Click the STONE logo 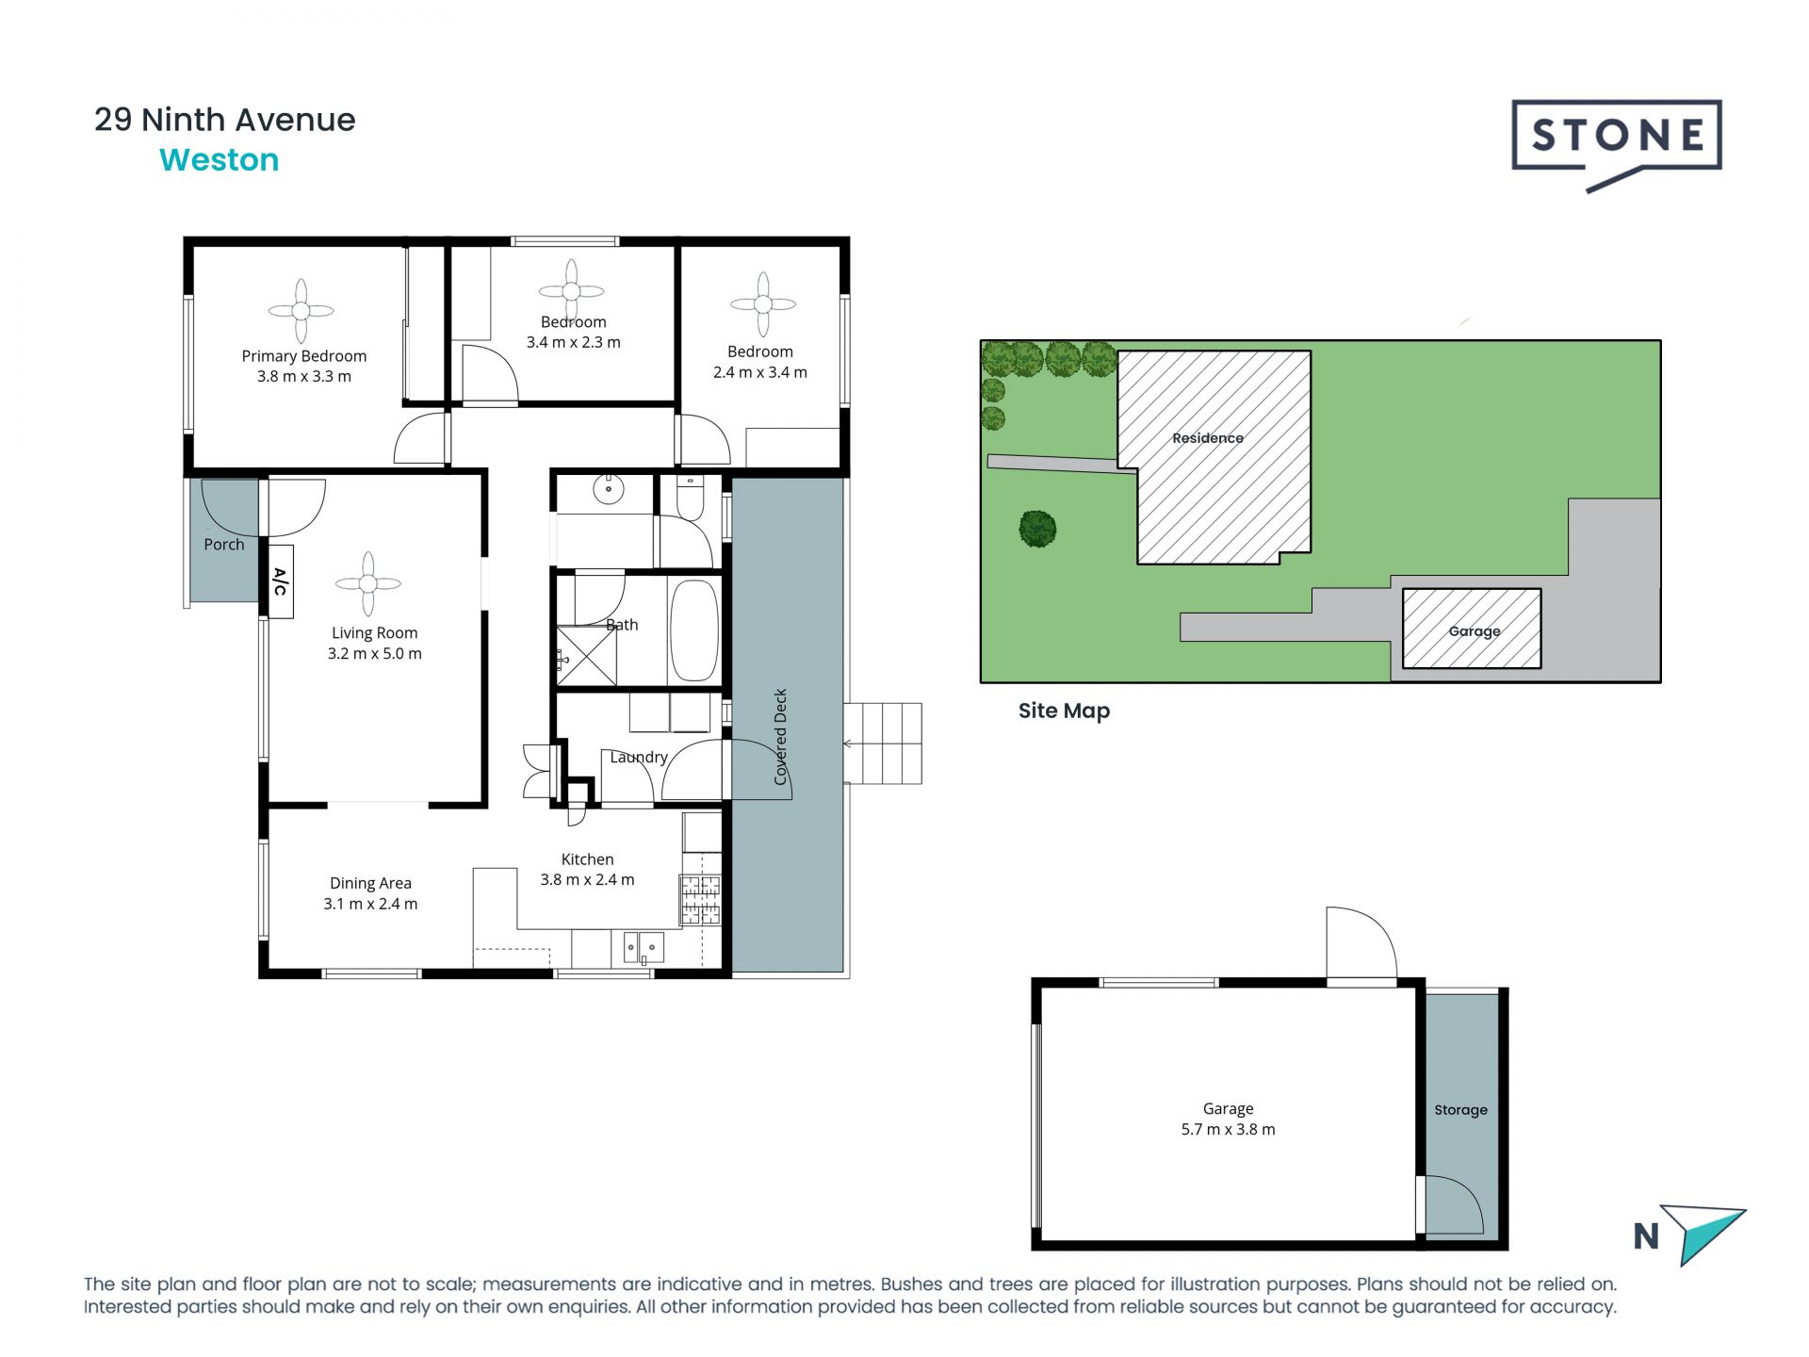click(1617, 143)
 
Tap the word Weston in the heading click(220, 160)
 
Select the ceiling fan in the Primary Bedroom click(301, 310)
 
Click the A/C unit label click(280, 581)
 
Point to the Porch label click(224, 545)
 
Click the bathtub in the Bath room click(693, 629)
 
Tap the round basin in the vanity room click(609, 488)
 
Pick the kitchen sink click(644, 946)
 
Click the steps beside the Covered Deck click(883, 744)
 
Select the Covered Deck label click(780, 737)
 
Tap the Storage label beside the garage click(1460, 1110)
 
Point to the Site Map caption click(1064, 711)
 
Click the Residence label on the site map click(1208, 438)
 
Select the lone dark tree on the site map click(1037, 529)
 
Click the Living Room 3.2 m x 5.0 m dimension click(374, 654)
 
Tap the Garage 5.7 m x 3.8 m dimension click(1228, 1130)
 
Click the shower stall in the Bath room click(586, 655)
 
